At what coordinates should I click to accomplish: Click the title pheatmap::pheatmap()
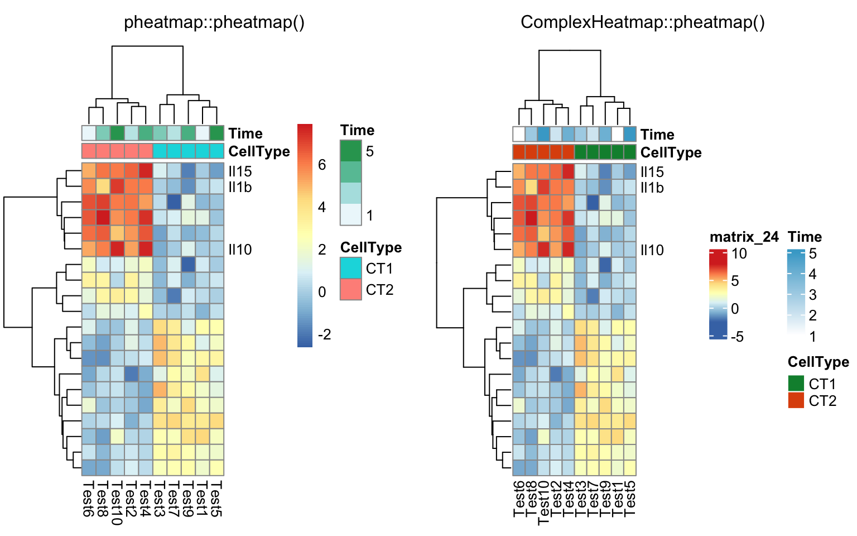[214, 22]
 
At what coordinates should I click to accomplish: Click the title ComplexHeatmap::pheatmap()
[642, 22]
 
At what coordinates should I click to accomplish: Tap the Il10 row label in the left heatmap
[240, 250]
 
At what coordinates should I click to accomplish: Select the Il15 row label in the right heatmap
[652, 172]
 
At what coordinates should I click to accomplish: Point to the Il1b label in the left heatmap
[240, 187]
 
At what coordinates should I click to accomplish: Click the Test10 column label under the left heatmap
[117, 502]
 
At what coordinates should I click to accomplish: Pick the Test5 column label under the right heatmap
[630, 499]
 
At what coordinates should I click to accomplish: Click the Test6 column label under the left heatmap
[88, 498]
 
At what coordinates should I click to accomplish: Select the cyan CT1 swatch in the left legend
[351, 268]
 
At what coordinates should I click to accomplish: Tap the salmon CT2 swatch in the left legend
[351, 289]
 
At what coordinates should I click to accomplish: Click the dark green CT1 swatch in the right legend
[796, 383]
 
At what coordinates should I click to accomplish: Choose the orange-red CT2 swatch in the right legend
[796, 400]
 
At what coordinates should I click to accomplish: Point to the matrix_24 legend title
[744, 237]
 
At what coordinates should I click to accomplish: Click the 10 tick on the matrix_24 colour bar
[739, 253]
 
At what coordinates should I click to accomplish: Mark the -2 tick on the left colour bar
[324, 334]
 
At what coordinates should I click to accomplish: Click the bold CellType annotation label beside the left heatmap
[259, 151]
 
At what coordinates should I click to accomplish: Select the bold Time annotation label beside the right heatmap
[657, 135]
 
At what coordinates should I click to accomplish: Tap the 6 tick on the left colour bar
[322, 164]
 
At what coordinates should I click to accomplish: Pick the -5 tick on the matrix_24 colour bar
[737, 337]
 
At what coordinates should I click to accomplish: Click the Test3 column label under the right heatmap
[581, 499]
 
